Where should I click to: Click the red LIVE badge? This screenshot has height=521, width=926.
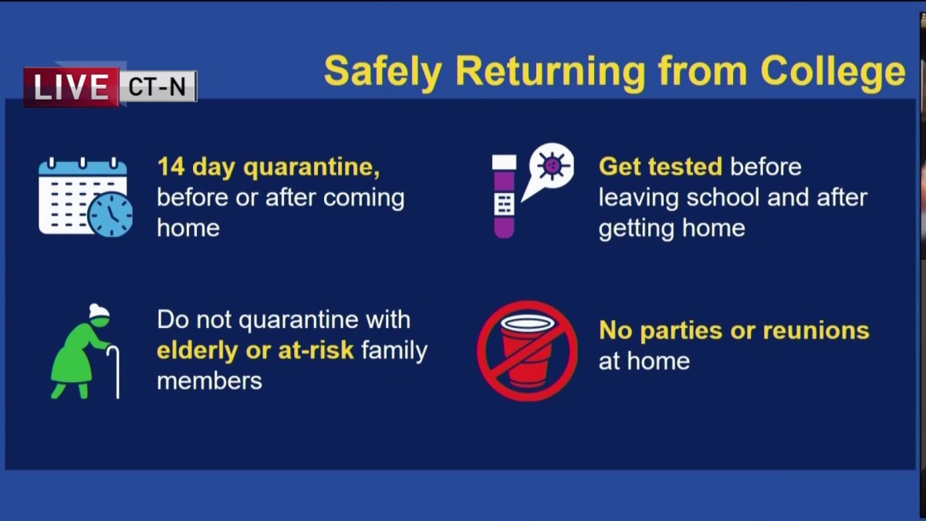tap(72, 86)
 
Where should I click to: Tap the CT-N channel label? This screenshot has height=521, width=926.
tap(157, 86)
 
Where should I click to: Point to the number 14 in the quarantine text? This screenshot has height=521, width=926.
tap(171, 166)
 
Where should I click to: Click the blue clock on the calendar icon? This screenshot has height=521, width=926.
tap(110, 215)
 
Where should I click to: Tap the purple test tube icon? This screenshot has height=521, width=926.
tap(505, 196)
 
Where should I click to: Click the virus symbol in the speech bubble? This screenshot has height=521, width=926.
tap(553, 166)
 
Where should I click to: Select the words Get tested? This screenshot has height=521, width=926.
tap(661, 167)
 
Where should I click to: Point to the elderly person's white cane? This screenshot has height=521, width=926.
tap(114, 372)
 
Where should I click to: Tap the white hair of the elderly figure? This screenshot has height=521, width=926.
tap(100, 311)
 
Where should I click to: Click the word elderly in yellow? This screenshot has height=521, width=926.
tap(198, 350)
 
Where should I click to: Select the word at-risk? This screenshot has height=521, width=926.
tap(316, 350)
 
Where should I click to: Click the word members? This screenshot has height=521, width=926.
tap(210, 381)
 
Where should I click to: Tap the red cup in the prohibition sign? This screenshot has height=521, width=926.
tap(528, 350)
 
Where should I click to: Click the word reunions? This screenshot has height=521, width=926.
tap(816, 330)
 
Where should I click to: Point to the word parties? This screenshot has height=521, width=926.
tap(681, 331)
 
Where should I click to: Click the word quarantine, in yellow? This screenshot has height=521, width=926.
tap(312, 167)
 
